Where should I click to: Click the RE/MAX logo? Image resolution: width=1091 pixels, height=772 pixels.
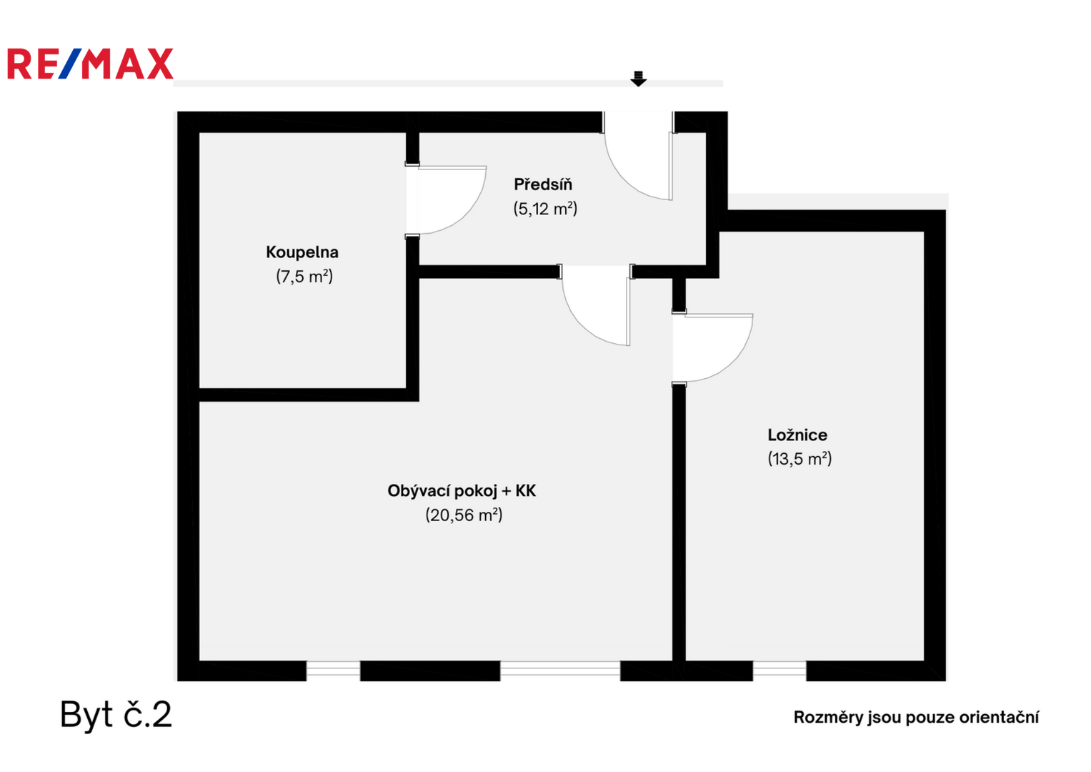[90, 64]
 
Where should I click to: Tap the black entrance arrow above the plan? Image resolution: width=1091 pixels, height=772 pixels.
[638, 79]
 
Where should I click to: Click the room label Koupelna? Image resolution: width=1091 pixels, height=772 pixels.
[302, 252]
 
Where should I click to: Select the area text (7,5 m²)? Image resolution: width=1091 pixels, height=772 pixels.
[304, 277]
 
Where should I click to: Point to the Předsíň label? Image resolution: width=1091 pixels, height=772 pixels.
[543, 184]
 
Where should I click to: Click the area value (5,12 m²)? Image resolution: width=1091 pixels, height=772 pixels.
[545, 209]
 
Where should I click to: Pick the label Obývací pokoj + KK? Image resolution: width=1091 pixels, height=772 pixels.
[462, 491]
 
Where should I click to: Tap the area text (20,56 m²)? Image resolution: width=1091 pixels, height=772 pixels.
[464, 515]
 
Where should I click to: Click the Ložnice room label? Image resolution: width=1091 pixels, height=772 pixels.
[797, 435]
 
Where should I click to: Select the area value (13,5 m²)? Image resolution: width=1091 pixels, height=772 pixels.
[799, 459]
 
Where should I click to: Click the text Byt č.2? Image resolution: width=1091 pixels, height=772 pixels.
[116, 715]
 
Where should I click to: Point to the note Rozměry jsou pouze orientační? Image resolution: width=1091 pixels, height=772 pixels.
[916, 718]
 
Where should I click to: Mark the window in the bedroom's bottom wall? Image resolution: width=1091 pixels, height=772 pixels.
[779, 670]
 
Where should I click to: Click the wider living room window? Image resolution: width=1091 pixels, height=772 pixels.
[560, 670]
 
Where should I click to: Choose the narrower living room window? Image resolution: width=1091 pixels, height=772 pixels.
[333, 670]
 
